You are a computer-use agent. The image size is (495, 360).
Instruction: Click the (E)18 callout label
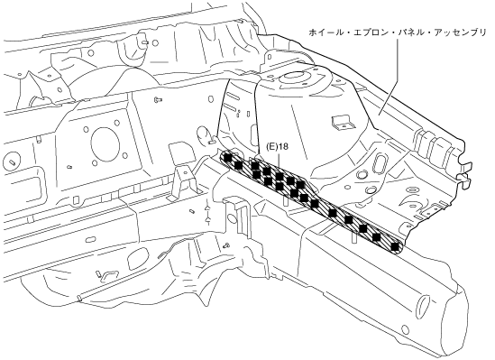point(278,147)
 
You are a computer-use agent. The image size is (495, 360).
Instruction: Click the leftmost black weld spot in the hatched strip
point(227,157)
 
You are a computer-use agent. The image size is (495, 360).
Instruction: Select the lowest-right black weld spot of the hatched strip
point(395,246)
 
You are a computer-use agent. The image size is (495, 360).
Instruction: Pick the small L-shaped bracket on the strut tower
point(342,123)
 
